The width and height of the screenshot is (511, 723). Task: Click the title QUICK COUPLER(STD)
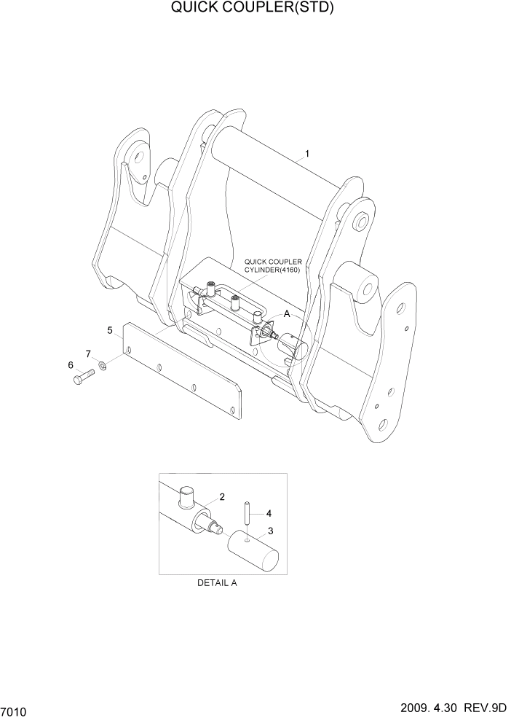coord(255,9)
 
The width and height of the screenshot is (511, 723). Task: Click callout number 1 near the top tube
coord(307,154)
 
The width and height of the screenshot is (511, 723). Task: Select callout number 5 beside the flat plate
coord(110,331)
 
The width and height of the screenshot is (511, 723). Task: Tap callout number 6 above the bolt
coord(71,364)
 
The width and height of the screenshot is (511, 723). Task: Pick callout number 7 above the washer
coord(89,353)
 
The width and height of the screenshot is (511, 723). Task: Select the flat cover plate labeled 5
coord(182,372)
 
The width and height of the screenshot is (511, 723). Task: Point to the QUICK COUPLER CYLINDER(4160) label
coord(273,265)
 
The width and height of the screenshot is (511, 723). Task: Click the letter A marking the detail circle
coord(287,313)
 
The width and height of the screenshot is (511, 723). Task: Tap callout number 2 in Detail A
coord(222,497)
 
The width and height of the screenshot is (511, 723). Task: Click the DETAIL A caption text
coord(217,583)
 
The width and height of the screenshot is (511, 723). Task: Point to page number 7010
coord(15,711)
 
